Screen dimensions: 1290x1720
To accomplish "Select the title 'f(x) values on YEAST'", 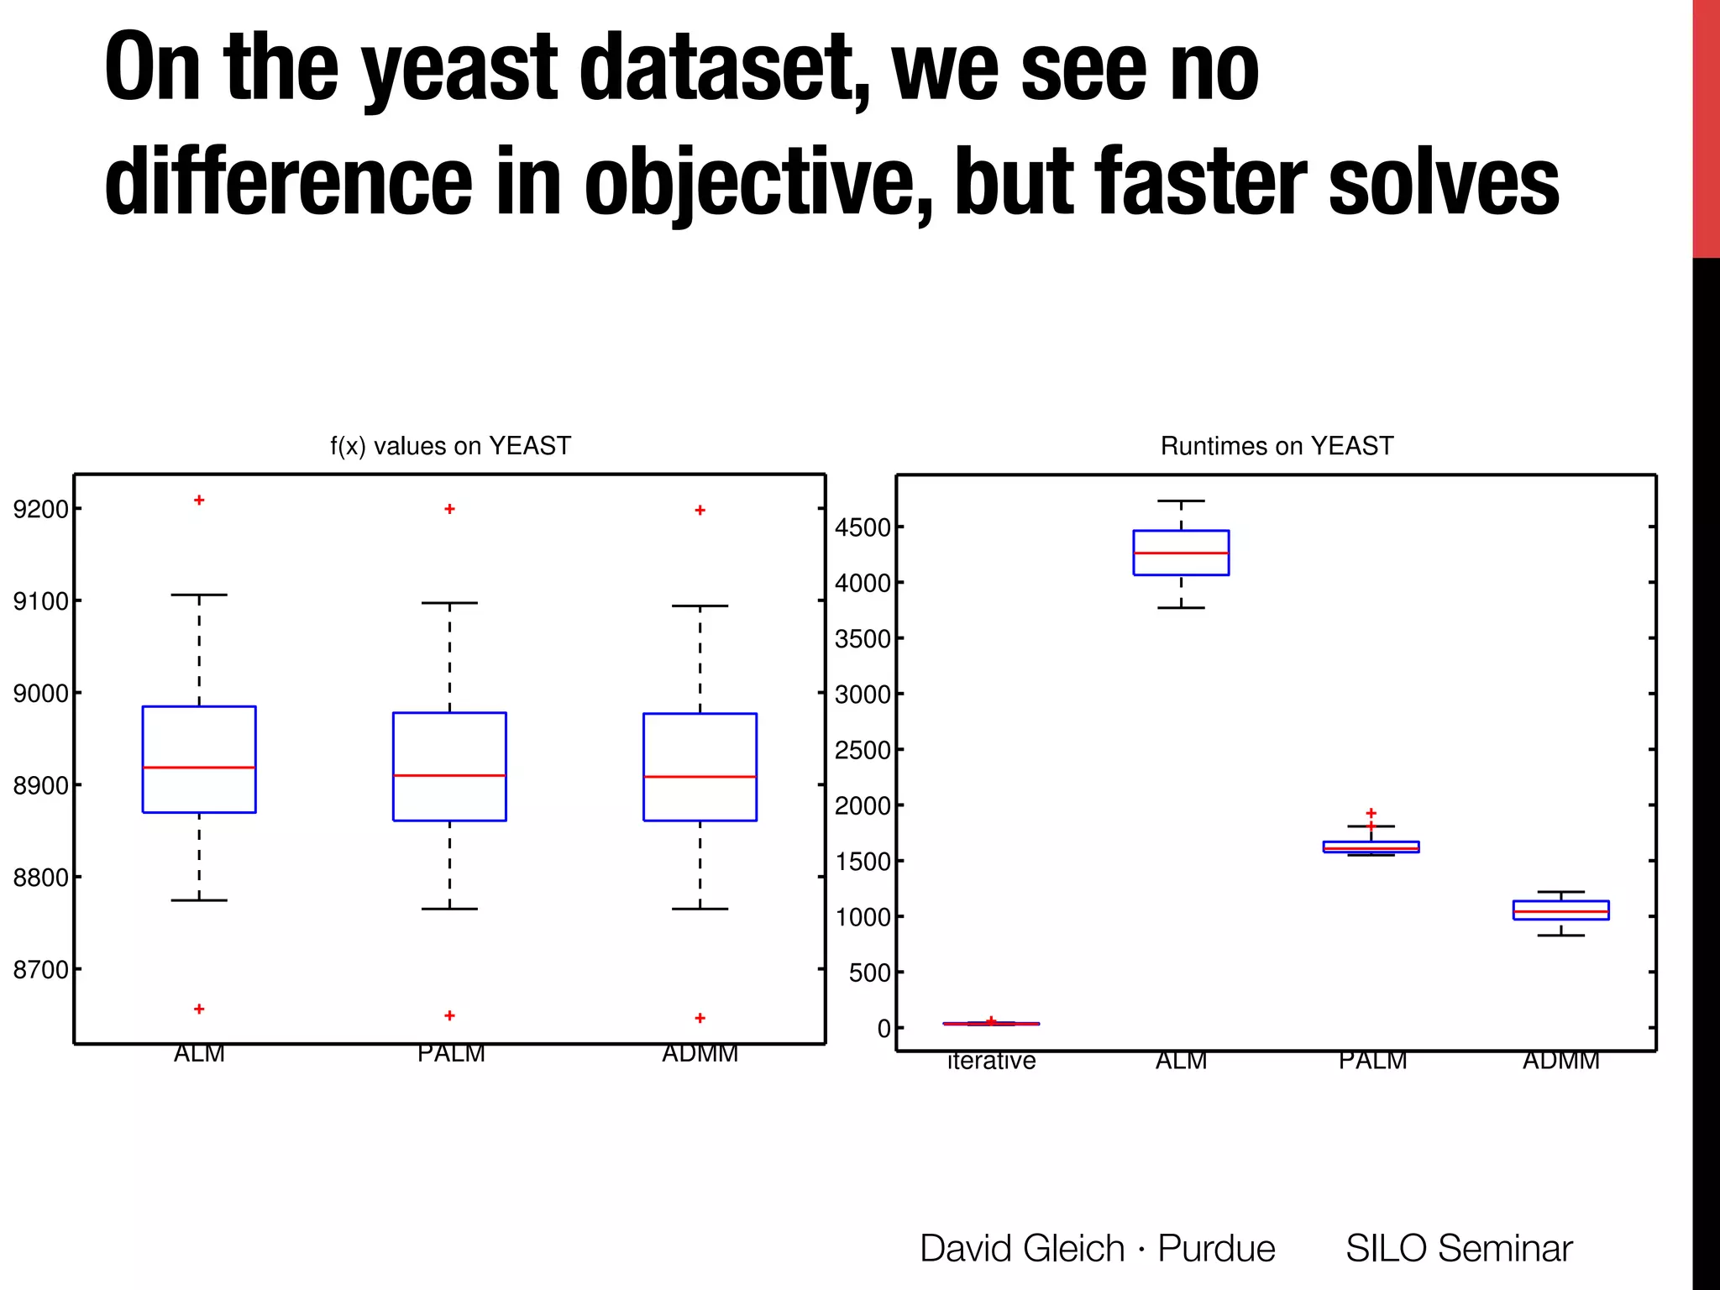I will click(450, 446).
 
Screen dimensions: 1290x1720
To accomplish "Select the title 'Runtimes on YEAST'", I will click(1277, 446).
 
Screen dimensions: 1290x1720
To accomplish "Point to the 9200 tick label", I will click(40, 509).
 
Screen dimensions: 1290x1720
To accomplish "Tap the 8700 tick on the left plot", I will click(40, 970).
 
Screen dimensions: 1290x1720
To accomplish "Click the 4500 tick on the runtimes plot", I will click(863, 528).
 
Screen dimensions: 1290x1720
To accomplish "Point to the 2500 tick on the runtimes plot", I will click(863, 751).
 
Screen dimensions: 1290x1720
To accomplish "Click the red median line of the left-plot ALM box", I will click(199, 768).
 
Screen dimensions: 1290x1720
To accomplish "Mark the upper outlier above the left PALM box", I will click(449, 509).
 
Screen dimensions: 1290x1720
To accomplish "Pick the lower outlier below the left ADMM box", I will click(700, 1018).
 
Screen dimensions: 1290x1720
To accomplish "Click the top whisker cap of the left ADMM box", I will click(700, 606).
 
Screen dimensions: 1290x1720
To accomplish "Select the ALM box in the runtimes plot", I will click(1181, 553).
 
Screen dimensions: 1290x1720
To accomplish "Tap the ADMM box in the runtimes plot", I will click(1560, 910).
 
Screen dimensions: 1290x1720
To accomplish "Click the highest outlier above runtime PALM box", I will click(1371, 813).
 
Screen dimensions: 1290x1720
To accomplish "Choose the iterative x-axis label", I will click(991, 1062).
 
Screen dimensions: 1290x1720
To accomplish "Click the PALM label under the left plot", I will click(451, 1054).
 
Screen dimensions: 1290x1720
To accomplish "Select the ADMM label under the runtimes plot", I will click(1560, 1062).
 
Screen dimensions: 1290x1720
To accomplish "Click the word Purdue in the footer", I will click(1216, 1248).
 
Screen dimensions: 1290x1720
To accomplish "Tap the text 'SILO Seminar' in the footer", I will click(1459, 1248).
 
